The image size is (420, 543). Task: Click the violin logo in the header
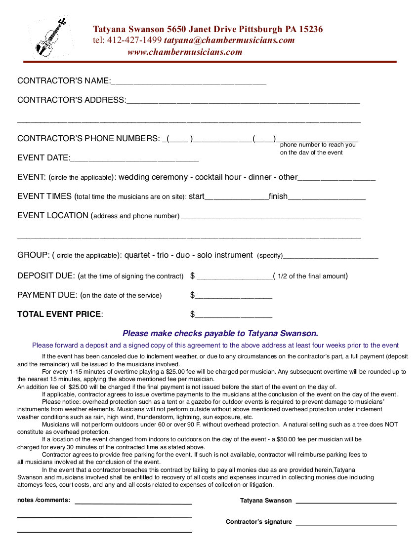50,38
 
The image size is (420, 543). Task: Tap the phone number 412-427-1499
134,40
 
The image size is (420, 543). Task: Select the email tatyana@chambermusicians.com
229,40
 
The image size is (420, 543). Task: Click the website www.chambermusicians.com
185,52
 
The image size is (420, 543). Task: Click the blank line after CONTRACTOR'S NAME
188,82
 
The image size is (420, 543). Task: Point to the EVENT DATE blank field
134,159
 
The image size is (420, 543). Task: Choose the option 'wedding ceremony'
153,177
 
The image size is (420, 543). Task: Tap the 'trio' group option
163,255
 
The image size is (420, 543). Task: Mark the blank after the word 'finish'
326,197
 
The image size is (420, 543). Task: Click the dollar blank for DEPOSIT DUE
234,277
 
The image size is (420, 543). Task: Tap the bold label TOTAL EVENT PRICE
59,314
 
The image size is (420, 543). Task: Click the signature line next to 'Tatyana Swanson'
346,502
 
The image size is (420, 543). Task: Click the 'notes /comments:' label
43,501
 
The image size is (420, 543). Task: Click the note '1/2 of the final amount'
311,276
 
